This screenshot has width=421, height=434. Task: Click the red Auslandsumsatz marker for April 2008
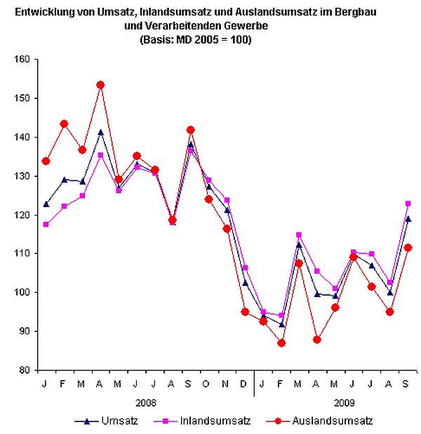(x=100, y=85)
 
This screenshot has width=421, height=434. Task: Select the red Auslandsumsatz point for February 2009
(x=281, y=343)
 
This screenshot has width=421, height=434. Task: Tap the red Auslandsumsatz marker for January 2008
(x=46, y=161)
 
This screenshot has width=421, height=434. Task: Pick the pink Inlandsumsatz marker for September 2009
(x=408, y=204)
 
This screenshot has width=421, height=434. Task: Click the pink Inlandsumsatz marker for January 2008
(x=46, y=225)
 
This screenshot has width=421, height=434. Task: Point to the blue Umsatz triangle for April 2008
(x=100, y=132)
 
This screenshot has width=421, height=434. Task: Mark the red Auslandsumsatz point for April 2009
(x=318, y=339)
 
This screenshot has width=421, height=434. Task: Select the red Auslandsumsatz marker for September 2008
(x=191, y=130)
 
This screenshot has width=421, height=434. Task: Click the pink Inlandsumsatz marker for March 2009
(x=300, y=235)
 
